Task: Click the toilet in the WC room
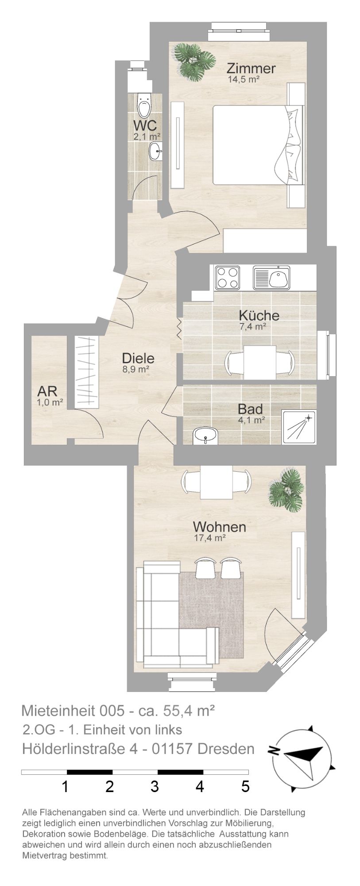[143, 105]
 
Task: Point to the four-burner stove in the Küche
[227, 277]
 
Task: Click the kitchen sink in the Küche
[271, 277]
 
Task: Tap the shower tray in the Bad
[299, 427]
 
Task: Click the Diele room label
[138, 358]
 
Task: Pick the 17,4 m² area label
[210, 538]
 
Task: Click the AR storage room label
[47, 391]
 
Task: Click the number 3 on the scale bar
[155, 787]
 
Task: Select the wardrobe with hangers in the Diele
[86, 372]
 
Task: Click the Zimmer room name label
[251, 69]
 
